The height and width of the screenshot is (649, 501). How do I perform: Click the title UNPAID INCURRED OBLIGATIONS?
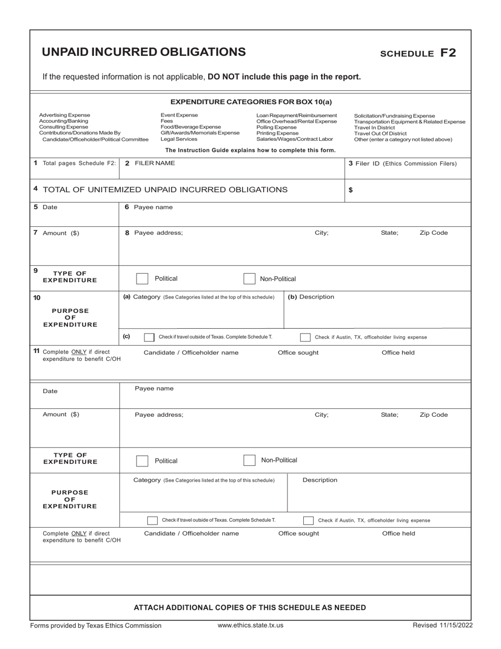click(143, 52)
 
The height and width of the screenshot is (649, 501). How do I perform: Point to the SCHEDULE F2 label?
click(418, 53)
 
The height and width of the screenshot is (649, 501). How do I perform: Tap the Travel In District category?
click(378, 127)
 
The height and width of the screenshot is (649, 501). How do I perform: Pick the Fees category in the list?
click(166, 121)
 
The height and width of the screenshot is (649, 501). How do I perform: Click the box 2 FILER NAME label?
click(150, 164)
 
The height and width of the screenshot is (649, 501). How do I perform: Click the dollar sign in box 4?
click(351, 190)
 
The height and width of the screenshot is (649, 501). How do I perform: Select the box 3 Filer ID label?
click(403, 164)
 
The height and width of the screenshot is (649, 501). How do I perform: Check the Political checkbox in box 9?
click(142, 279)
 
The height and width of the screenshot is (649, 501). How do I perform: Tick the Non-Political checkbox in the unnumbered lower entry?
click(249, 461)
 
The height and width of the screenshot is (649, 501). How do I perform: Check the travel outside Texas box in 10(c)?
click(149, 337)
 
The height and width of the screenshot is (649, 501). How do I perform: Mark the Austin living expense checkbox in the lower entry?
click(309, 520)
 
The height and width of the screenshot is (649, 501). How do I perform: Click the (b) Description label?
click(311, 297)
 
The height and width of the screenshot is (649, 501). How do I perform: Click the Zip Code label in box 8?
click(433, 233)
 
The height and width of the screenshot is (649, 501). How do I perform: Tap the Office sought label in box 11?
click(298, 352)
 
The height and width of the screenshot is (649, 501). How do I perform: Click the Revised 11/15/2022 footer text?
click(442, 625)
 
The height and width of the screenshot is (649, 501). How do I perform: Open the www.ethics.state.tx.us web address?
click(250, 625)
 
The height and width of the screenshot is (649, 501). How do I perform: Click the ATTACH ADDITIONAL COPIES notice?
click(250, 607)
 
